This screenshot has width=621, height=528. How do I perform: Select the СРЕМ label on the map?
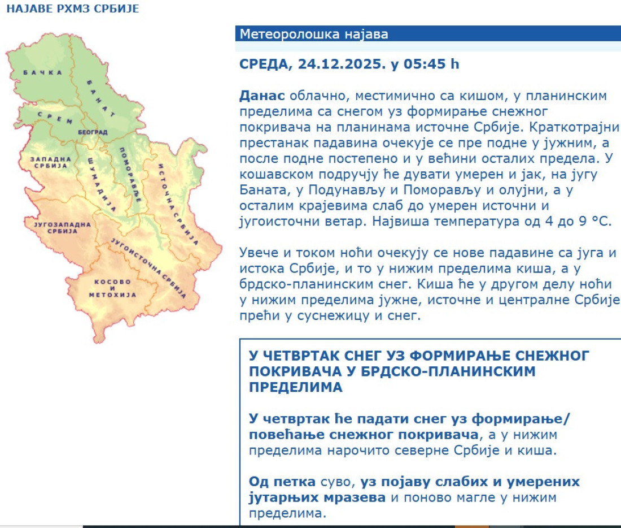55,118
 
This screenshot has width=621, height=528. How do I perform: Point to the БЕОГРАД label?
93,132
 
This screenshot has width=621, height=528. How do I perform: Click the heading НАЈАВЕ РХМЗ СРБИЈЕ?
73,9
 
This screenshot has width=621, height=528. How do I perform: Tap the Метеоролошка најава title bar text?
314,34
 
